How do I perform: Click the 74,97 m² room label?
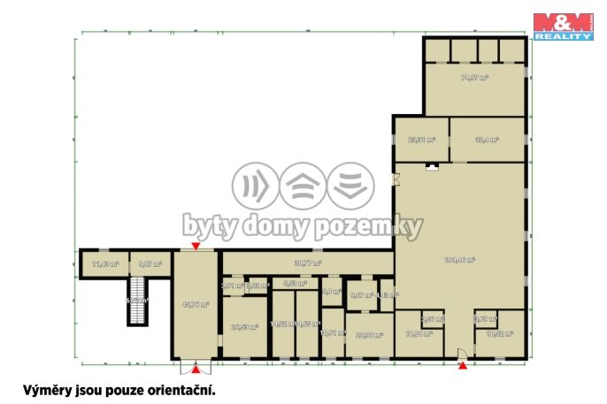[x=475, y=78]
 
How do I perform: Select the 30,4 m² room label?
[x=487, y=140]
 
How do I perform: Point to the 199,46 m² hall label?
[x=460, y=260]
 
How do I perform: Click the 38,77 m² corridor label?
[x=307, y=263]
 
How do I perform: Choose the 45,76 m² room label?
[x=196, y=305]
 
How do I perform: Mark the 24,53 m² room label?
[x=244, y=326]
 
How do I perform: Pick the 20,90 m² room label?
[x=369, y=334]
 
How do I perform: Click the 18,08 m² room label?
[x=418, y=334]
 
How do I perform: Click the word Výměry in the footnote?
[x=45, y=388]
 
